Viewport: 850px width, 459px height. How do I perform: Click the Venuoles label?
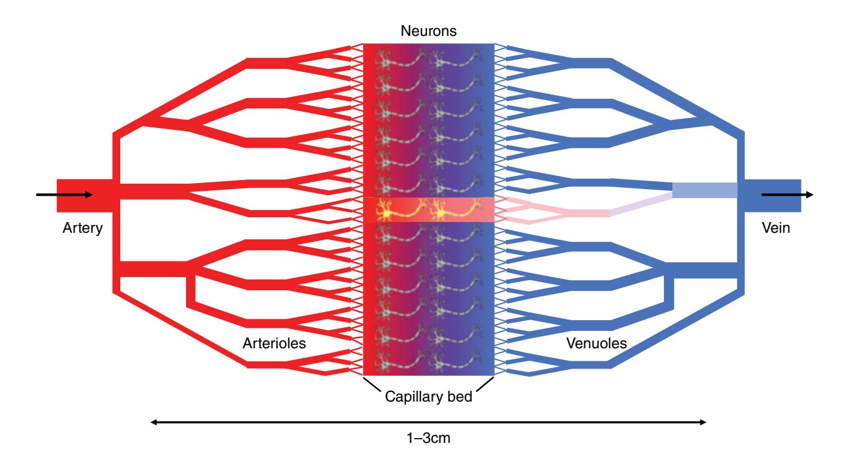point(596,344)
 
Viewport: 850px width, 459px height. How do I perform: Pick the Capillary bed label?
point(428,396)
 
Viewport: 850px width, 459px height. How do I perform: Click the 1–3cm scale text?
point(428,439)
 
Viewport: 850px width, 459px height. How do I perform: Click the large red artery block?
point(84,195)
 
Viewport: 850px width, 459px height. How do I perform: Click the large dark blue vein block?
point(772,195)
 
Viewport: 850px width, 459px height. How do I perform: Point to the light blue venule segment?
point(704,190)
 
